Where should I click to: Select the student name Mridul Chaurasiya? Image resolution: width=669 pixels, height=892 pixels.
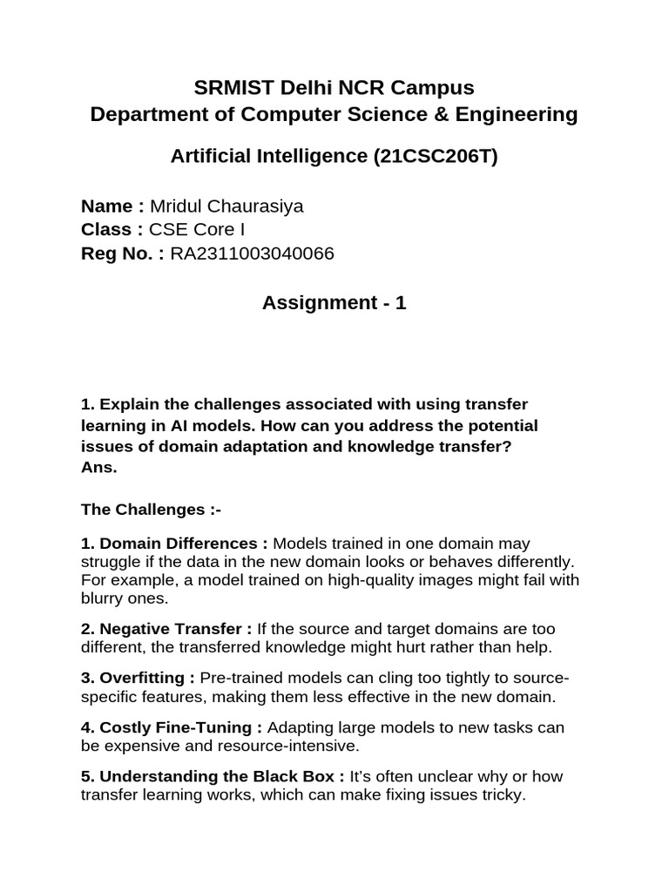227,206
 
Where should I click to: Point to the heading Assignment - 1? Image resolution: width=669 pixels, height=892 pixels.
334,303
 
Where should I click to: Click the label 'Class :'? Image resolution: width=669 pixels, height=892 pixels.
111,230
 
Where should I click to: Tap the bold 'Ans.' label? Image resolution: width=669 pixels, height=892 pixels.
98,468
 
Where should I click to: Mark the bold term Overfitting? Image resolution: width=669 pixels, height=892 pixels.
143,678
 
